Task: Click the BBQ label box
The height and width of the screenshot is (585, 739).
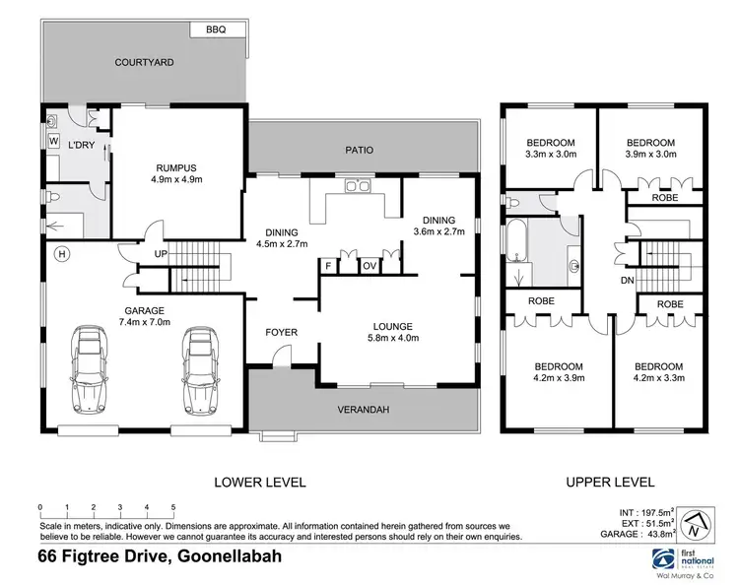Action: (x=216, y=31)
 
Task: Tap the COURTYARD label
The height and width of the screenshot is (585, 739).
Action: (x=144, y=62)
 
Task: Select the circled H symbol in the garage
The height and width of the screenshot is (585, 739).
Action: (x=62, y=254)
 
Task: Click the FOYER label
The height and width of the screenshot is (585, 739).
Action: (x=281, y=332)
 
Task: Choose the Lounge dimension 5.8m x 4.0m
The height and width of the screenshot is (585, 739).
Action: (x=392, y=338)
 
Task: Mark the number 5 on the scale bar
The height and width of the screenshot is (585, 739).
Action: (x=172, y=508)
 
